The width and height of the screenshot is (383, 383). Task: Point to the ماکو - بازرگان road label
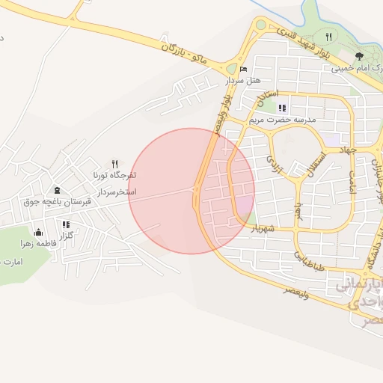tap(182, 51)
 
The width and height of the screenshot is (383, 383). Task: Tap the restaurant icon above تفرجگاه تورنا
tap(114, 163)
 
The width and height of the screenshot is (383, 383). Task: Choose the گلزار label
tap(67, 235)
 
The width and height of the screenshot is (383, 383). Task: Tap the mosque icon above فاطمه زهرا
tap(38, 232)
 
